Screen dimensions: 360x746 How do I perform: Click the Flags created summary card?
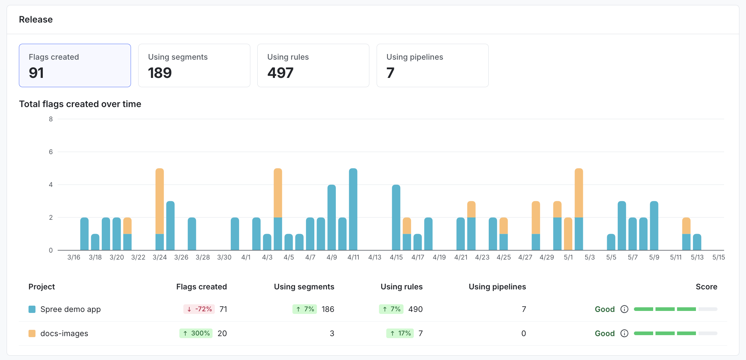click(75, 65)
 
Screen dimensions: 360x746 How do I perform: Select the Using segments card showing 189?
click(194, 65)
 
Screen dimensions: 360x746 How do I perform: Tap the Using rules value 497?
click(280, 73)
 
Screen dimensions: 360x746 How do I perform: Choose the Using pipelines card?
click(432, 65)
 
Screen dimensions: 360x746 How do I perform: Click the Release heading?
click(36, 20)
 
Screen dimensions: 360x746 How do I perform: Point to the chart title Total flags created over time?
click(80, 104)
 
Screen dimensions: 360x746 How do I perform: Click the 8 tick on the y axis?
click(51, 119)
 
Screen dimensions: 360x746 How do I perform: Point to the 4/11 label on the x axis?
click(353, 257)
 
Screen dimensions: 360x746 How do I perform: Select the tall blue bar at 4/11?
click(353, 209)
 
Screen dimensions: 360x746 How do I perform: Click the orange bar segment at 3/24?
click(159, 201)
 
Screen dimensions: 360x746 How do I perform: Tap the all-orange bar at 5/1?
click(568, 234)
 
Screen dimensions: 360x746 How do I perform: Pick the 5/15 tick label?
click(718, 257)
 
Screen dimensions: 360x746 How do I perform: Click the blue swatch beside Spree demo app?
click(32, 309)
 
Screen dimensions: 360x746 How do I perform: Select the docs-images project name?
click(64, 333)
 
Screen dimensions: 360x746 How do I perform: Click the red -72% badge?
click(199, 309)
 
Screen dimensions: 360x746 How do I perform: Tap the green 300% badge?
click(196, 333)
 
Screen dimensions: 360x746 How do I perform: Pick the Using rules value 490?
click(415, 309)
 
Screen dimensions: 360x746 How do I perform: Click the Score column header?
click(706, 287)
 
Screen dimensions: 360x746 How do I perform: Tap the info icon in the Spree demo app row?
click(624, 309)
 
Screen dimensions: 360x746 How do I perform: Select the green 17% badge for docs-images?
click(400, 333)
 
